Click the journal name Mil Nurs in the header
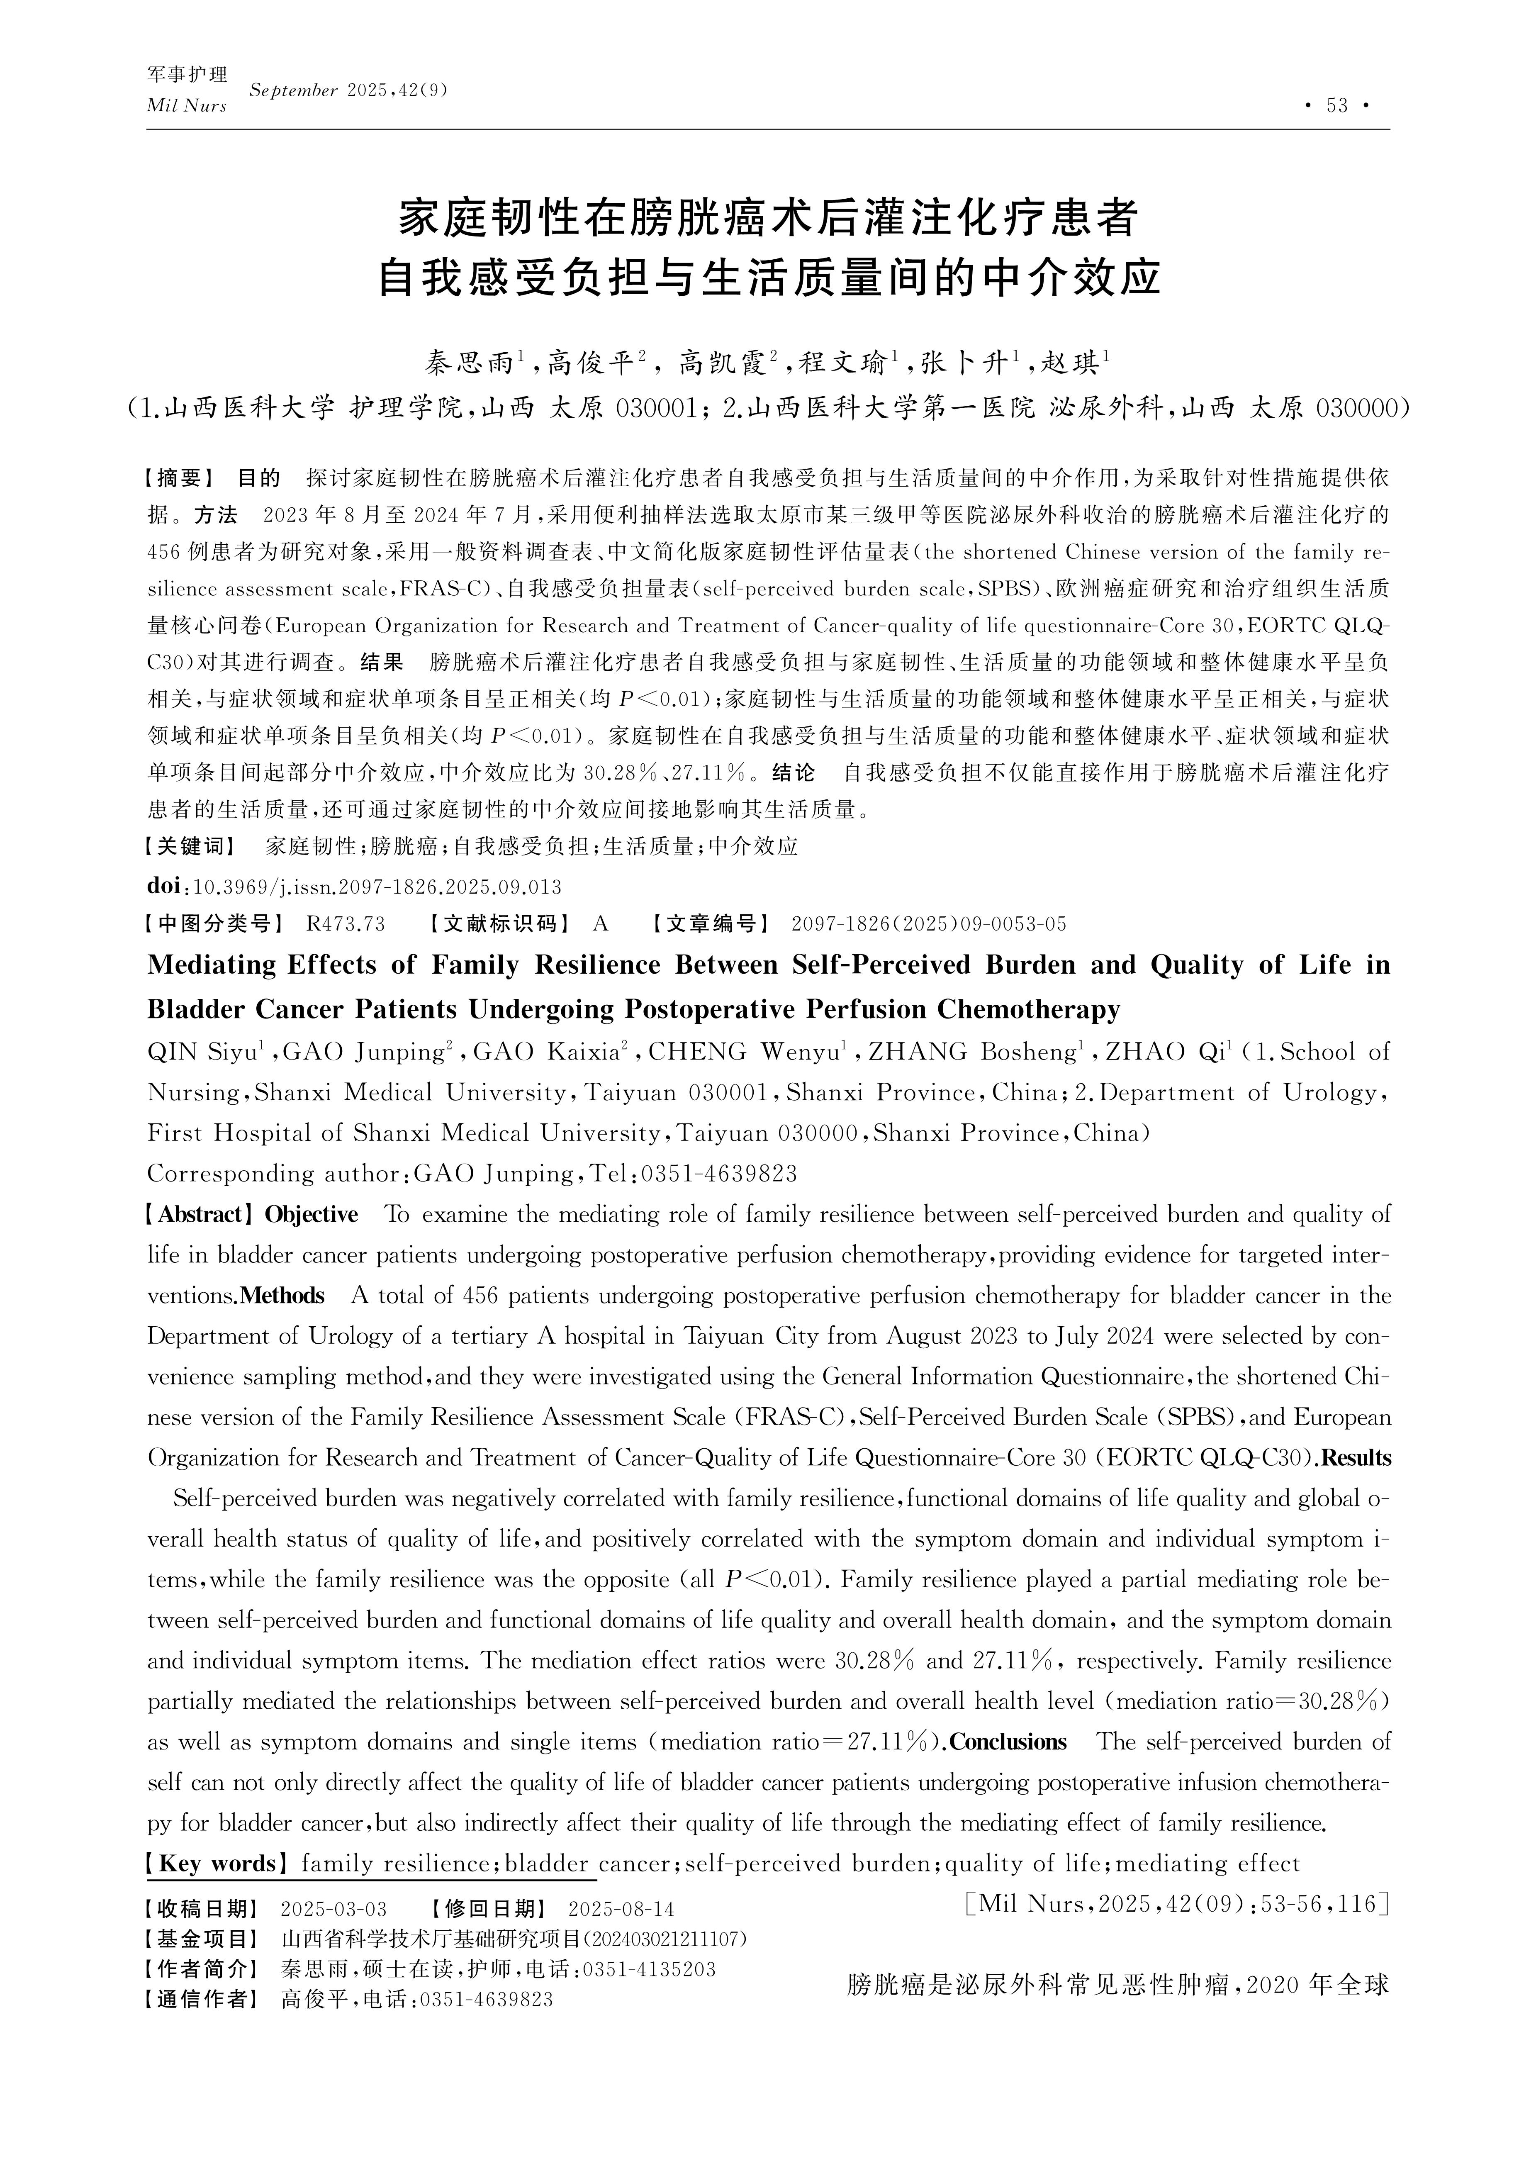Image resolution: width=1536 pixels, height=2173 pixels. tap(186, 106)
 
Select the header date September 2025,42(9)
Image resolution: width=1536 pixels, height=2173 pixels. tap(347, 91)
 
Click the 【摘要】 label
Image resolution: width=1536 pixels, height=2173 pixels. tap(181, 478)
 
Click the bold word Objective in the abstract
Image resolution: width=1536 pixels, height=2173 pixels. tap(312, 1214)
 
